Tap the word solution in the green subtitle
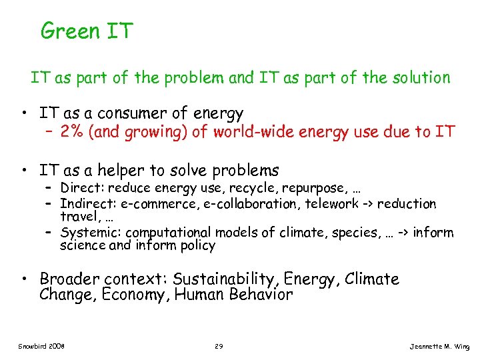[422, 78]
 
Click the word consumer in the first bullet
[151, 114]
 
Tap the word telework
[330, 204]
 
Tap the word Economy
[135, 295]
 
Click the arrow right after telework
[367, 204]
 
